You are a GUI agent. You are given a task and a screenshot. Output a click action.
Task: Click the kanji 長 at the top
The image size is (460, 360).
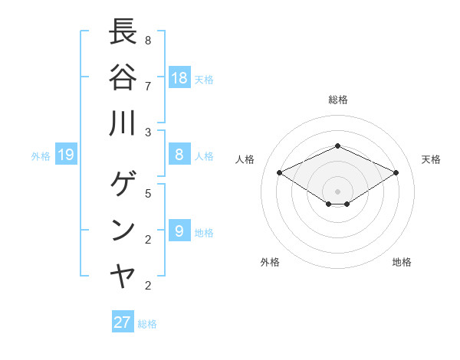pos(123,33)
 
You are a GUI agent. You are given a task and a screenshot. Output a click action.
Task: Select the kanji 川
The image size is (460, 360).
pos(123,123)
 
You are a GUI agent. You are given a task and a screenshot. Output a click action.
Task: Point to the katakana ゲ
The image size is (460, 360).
pos(123,185)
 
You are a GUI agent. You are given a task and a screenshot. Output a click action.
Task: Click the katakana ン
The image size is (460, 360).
pos(123,231)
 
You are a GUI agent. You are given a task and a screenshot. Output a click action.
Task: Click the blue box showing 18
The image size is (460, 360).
pos(179,78)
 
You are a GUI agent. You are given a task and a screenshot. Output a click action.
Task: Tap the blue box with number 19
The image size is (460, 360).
pos(65,155)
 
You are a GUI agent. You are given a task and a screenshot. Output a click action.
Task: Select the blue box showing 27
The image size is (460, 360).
pos(123,322)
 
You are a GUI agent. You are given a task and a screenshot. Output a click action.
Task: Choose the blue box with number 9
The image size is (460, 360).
pos(179,231)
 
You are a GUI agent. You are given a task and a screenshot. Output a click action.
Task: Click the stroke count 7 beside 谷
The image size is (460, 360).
pos(148,85)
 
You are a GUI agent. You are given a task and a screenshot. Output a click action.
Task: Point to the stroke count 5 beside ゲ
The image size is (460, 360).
pos(148,193)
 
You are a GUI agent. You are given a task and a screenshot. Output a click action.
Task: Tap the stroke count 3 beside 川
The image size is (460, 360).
pos(148,132)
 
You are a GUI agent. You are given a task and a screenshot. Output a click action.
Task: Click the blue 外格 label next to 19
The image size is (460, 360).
pos(41,156)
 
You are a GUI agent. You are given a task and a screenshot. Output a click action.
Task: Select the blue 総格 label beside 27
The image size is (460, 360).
pos(147,324)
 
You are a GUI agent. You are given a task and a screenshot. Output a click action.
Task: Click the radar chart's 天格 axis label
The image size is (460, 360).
pos(431,159)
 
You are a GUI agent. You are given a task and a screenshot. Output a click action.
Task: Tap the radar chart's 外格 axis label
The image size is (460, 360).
pos(270,262)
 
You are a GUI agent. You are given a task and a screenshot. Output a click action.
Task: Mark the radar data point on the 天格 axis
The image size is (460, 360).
pos(396,172)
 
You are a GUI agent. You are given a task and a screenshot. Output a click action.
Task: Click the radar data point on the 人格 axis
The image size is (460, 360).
pos(280,172)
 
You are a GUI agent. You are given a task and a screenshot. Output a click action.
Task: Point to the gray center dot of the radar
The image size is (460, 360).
pos(337,191)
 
